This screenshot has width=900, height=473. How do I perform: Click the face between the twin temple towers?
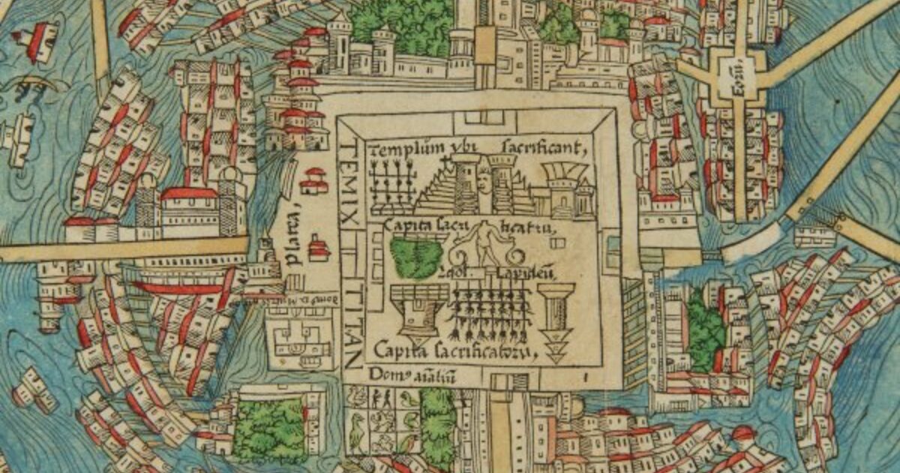484,180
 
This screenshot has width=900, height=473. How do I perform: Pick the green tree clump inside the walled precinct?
416,257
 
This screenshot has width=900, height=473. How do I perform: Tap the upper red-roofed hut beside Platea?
313,181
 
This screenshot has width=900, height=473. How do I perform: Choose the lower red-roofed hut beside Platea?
319,249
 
